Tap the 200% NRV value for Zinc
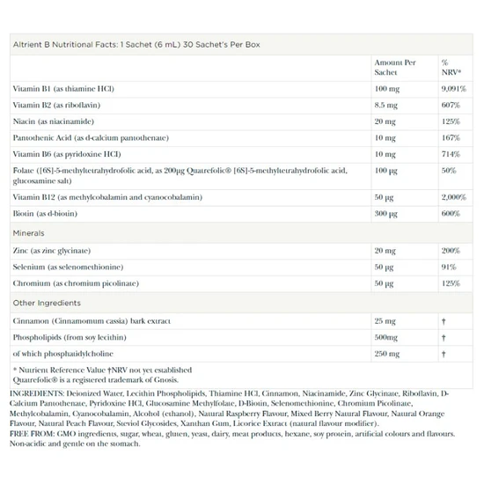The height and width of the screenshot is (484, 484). coord(451,251)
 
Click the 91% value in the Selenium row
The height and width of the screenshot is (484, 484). coord(448,267)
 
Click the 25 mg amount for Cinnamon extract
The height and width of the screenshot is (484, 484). coord(385,321)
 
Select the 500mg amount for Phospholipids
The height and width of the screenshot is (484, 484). coord(385,337)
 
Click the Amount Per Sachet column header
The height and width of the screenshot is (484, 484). coord(395,68)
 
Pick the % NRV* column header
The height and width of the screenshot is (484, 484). coord(451,68)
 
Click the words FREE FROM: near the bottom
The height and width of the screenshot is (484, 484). coord(33,434)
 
